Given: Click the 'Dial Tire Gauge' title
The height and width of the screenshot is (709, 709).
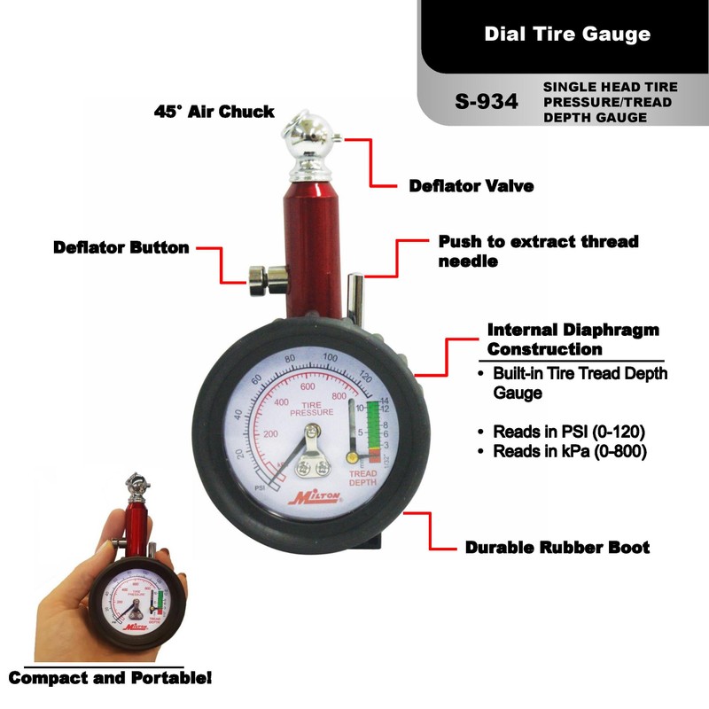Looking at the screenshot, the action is tap(567, 35).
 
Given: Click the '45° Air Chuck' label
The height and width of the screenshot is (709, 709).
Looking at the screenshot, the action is tap(214, 113).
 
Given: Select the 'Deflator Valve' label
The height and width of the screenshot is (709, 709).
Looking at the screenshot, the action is tap(471, 186).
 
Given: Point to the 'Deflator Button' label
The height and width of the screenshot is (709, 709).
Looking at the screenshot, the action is tap(121, 247).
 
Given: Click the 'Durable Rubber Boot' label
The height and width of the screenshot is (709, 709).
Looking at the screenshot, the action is tap(557, 547).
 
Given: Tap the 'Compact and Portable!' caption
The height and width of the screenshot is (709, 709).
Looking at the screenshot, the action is tap(111, 679).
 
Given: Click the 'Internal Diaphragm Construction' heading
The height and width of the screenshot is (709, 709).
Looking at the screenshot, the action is tap(573, 339).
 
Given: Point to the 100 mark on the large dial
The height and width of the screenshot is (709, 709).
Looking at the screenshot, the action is tap(331, 358).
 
